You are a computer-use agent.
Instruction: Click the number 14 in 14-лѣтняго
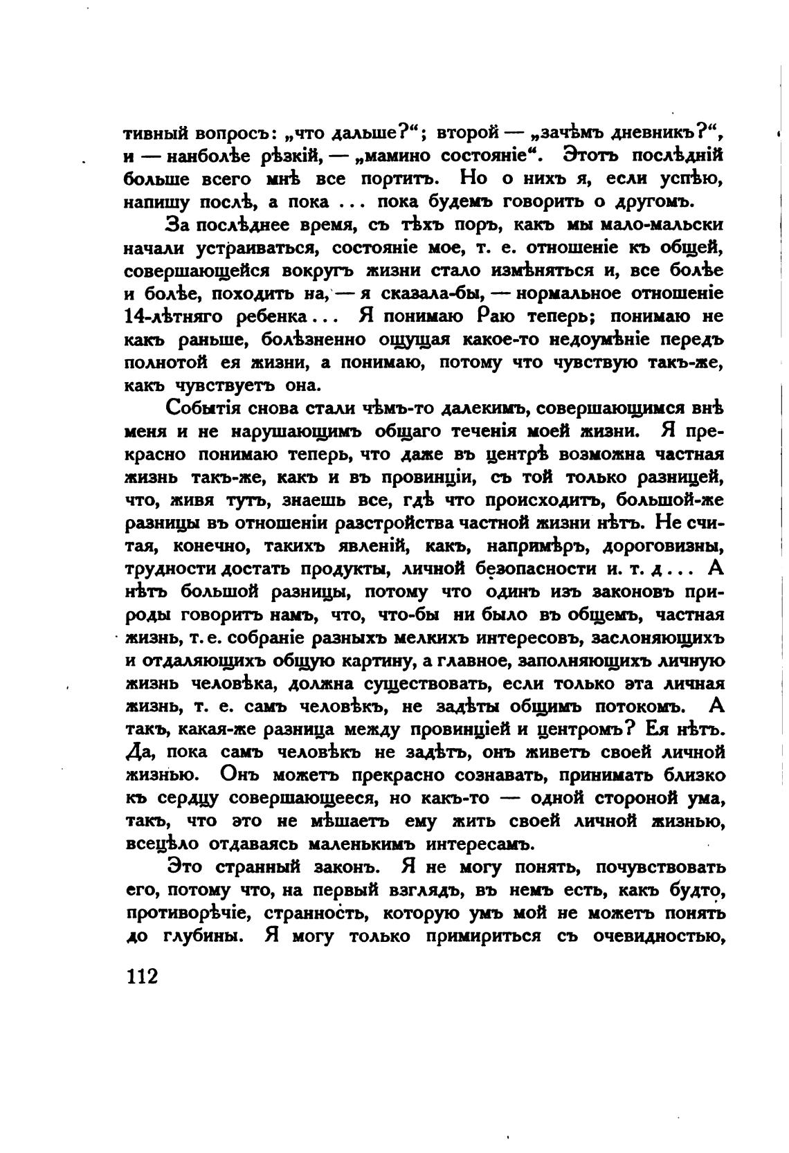(x=134, y=316)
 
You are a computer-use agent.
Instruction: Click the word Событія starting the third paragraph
(x=207, y=408)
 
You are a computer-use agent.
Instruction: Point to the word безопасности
(x=536, y=569)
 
